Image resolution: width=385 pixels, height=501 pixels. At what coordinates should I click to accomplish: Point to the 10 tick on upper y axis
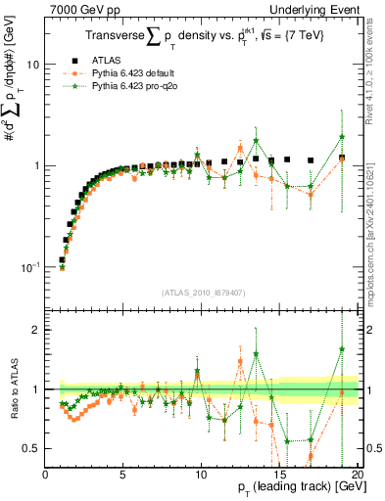tap(32, 65)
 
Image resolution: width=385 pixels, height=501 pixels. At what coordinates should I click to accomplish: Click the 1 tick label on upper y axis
tap(36, 165)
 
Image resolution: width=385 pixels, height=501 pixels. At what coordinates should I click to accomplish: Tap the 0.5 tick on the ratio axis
tap(30, 448)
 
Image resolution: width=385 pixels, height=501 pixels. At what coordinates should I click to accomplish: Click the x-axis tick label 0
tap(45, 475)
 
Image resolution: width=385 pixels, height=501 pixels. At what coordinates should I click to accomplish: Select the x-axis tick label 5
tap(122, 475)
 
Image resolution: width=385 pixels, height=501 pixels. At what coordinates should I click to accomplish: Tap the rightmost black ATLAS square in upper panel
tap(342, 158)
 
